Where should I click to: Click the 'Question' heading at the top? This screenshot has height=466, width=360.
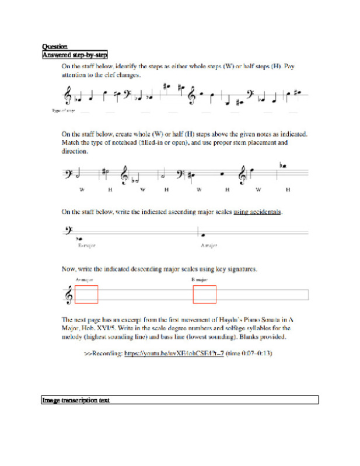(x=54, y=47)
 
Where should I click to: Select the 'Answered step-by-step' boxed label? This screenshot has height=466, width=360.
(x=74, y=55)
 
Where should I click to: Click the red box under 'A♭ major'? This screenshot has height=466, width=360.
(x=86, y=295)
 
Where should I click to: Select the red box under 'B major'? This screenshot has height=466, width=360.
(x=204, y=295)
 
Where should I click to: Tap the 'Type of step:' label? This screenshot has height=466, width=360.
(x=63, y=110)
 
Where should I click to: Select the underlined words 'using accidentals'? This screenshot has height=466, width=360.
(x=257, y=212)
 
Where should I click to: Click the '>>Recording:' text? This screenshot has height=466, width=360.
(x=103, y=353)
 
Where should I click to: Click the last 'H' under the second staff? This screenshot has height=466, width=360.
(x=288, y=190)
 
